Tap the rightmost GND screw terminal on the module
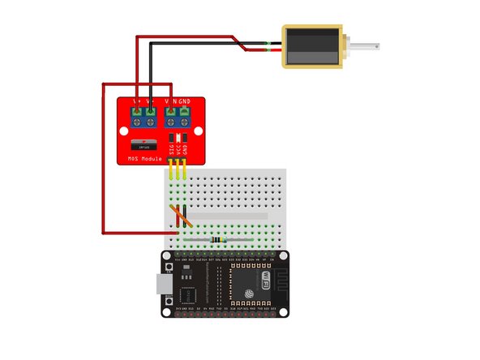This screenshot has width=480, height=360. tap(185, 113)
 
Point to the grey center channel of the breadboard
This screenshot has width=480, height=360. tap(227, 216)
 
